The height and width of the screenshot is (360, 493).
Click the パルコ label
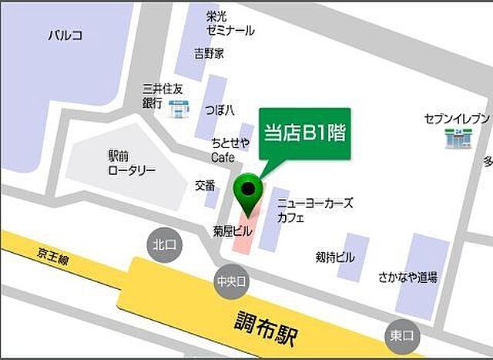click(65, 35)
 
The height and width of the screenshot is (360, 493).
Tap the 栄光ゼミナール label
click(230, 23)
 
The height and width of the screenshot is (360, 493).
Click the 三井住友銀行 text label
click(163, 96)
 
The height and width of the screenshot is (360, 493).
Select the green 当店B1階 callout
click(304, 133)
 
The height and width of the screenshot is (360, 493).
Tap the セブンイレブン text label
click(456, 119)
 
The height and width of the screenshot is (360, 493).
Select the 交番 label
click(205, 185)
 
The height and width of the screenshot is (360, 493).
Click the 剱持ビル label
click(335, 257)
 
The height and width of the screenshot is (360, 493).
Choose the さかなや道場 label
click(407, 277)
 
